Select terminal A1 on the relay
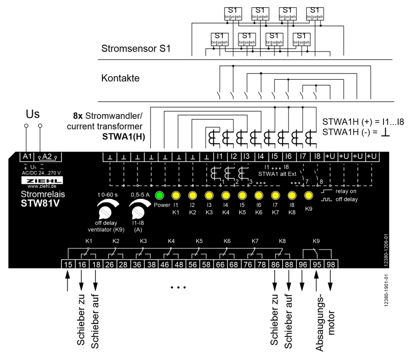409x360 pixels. pyautogui.click(x=26, y=156)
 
